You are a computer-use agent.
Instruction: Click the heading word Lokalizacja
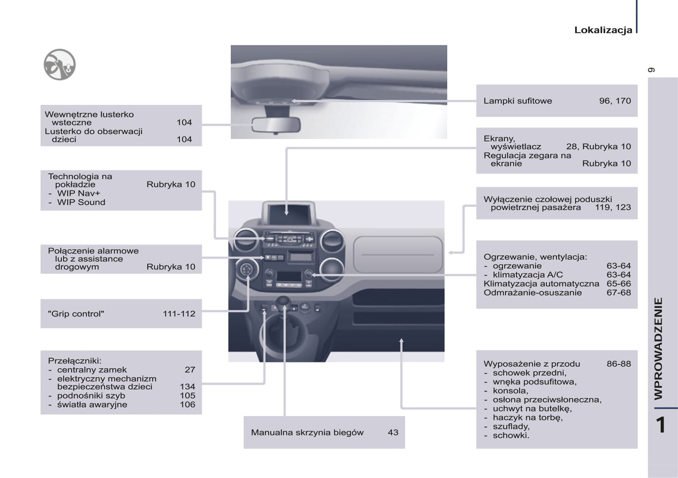[603, 30]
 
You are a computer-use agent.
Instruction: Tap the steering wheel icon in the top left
[60, 65]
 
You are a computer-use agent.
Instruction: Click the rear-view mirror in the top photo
[275, 125]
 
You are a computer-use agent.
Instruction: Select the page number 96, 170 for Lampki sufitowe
[615, 101]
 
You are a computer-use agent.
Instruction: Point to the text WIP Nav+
[78, 193]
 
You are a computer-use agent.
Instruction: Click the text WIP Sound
[81, 202]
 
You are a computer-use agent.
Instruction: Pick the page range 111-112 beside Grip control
[179, 314]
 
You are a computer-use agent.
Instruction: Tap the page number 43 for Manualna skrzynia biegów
[393, 432]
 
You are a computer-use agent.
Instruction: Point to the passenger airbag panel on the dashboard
[397, 254]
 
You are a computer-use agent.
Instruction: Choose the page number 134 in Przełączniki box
[187, 387]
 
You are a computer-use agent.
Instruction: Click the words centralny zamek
[91, 370]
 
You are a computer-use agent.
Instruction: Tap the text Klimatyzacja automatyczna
[541, 284]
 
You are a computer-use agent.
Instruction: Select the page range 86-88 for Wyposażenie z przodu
[618, 364]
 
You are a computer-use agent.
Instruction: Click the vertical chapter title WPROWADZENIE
[659, 348]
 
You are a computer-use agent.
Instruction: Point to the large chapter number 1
[661, 425]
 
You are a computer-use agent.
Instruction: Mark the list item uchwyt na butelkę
[532, 409]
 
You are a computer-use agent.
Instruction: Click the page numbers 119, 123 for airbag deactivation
[613, 207]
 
